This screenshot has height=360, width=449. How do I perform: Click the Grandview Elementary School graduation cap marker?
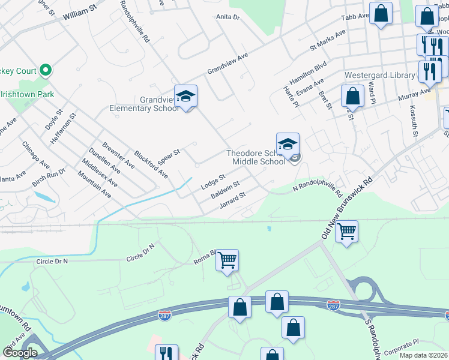(186, 96)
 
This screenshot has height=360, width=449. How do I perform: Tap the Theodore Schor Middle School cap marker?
(288, 144)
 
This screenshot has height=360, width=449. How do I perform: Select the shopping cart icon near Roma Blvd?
(228, 260)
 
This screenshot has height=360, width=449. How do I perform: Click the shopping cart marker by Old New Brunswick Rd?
(347, 230)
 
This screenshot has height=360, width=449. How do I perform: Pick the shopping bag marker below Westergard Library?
(353, 96)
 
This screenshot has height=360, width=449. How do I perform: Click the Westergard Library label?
(379, 76)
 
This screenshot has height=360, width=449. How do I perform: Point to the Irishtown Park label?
(28, 94)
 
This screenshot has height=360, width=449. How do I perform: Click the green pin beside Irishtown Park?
(46, 70)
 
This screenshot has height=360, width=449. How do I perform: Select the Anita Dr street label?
(228, 17)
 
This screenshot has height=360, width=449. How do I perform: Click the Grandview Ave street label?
(228, 63)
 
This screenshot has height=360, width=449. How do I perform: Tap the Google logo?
(20, 353)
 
